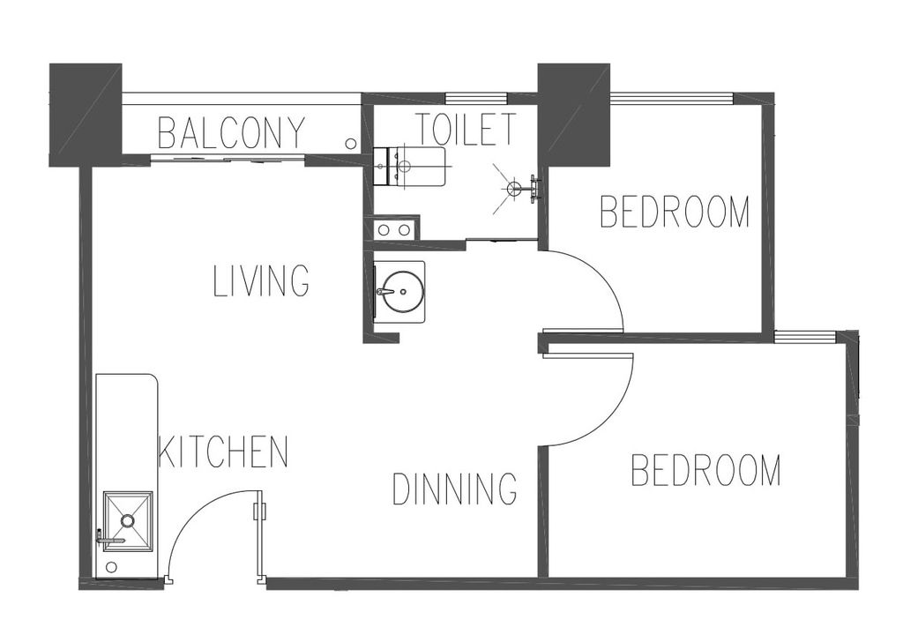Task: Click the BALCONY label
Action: click(x=230, y=132)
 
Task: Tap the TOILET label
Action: click(x=466, y=129)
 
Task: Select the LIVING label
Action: click(x=261, y=281)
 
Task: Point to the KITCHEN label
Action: click(x=223, y=452)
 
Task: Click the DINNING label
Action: click(x=454, y=489)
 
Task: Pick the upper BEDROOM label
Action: click(x=675, y=212)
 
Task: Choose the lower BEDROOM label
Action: click(x=705, y=470)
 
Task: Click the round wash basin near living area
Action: click(x=399, y=292)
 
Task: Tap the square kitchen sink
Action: click(x=127, y=522)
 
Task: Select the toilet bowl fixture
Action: click(x=409, y=167)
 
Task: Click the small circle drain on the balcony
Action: click(x=350, y=143)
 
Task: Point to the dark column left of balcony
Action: click(x=86, y=116)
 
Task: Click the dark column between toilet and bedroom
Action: click(x=573, y=115)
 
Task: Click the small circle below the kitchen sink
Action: click(x=112, y=567)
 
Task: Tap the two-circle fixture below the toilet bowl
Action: click(x=393, y=230)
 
